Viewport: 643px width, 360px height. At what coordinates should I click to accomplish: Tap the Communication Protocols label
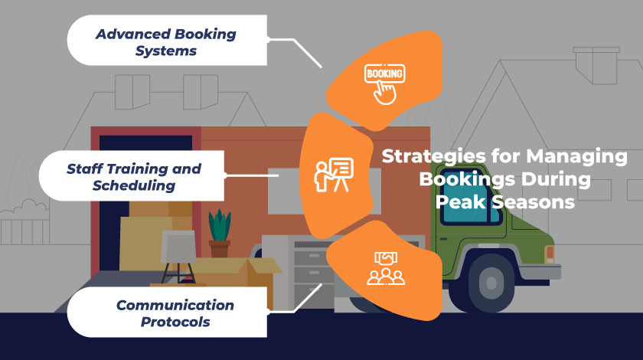pos(175,313)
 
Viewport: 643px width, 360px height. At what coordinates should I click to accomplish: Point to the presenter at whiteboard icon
pos(335,175)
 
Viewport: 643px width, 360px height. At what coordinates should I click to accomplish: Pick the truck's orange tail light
pos(549,254)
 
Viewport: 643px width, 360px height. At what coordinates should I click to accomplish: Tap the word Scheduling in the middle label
pos(134,185)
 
